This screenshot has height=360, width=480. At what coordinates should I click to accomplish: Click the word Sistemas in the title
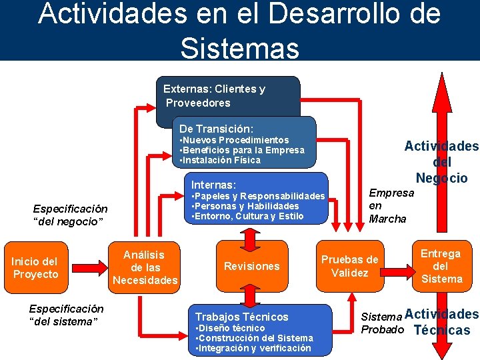click(239, 48)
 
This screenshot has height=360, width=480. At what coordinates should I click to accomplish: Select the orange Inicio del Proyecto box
click(35, 268)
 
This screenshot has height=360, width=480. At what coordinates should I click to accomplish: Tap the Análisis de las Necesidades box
click(145, 267)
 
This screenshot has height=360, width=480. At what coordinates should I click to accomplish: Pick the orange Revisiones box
click(251, 267)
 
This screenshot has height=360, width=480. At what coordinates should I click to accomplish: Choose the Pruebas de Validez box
click(349, 266)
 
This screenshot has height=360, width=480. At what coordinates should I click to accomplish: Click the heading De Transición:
click(215, 128)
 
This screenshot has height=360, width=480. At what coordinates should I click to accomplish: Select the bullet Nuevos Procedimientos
click(235, 140)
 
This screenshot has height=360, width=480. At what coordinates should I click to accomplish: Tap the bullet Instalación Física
click(221, 160)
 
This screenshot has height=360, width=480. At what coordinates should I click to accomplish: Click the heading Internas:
click(213, 185)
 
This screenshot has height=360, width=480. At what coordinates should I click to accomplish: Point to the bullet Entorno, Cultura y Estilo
click(247, 216)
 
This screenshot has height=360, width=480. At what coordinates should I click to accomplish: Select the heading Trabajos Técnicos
click(241, 317)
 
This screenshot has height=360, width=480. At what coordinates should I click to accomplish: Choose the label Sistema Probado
click(381, 322)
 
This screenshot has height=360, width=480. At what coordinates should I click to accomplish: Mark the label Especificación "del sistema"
click(66, 315)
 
